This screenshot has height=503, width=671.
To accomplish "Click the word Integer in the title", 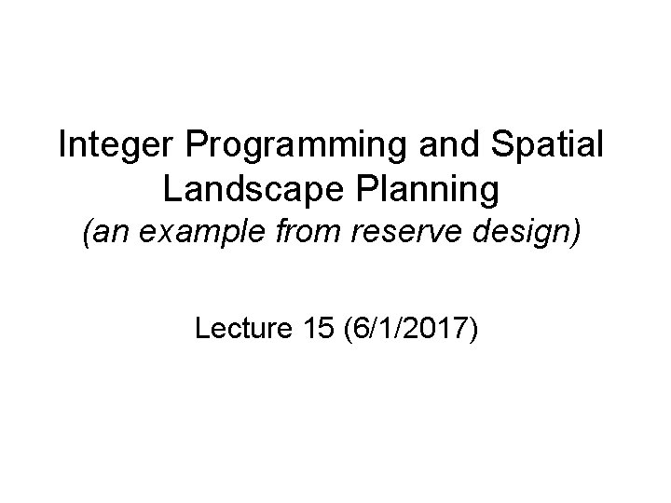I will pyautogui.click(x=112, y=147).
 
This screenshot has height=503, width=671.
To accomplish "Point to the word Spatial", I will pyautogui.click(x=540, y=147).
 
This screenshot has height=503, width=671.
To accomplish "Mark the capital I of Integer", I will pyautogui.click(x=62, y=146).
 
